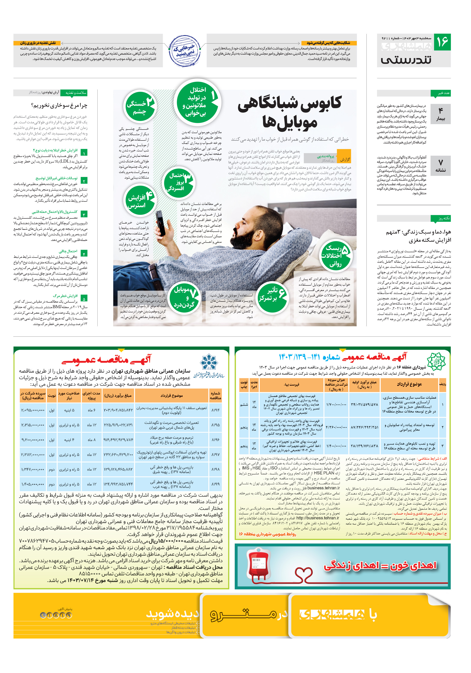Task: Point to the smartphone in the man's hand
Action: click(161, 223)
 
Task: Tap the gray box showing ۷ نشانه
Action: click(440, 166)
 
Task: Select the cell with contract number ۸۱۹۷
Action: click(215, 454)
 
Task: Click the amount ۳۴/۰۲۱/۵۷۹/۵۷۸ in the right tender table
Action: click(364, 404)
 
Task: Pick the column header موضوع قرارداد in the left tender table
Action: click(171, 395)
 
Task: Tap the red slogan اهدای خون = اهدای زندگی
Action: click(380, 566)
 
